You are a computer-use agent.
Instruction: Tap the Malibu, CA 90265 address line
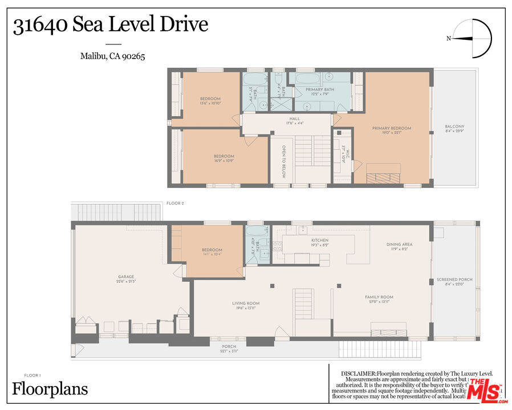(112, 56)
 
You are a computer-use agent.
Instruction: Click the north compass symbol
(474, 39)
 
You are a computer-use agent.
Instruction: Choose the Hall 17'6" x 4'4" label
(294, 121)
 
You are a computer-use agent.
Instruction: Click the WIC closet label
(343, 153)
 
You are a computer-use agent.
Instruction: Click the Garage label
(126, 279)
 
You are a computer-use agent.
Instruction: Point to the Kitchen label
(319, 243)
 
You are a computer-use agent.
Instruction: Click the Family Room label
(379, 300)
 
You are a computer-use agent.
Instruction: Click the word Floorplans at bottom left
(50, 389)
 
